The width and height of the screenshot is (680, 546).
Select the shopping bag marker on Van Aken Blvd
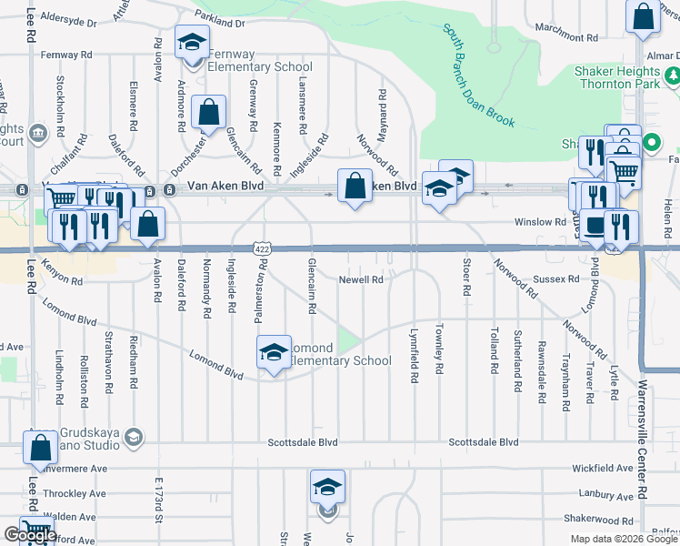click(x=355, y=187)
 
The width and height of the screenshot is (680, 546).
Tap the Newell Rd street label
click(x=362, y=280)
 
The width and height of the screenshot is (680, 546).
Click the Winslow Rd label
click(x=540, y=222)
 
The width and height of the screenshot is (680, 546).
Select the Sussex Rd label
click(x=555, y=279)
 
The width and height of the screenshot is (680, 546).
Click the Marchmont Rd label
click(x=566, y=38)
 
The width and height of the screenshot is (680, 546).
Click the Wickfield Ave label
click(x=602, y=468)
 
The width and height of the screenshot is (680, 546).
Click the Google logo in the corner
click(x=30, y=536)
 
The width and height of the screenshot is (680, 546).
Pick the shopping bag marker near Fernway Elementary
click(x=209, y=113)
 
